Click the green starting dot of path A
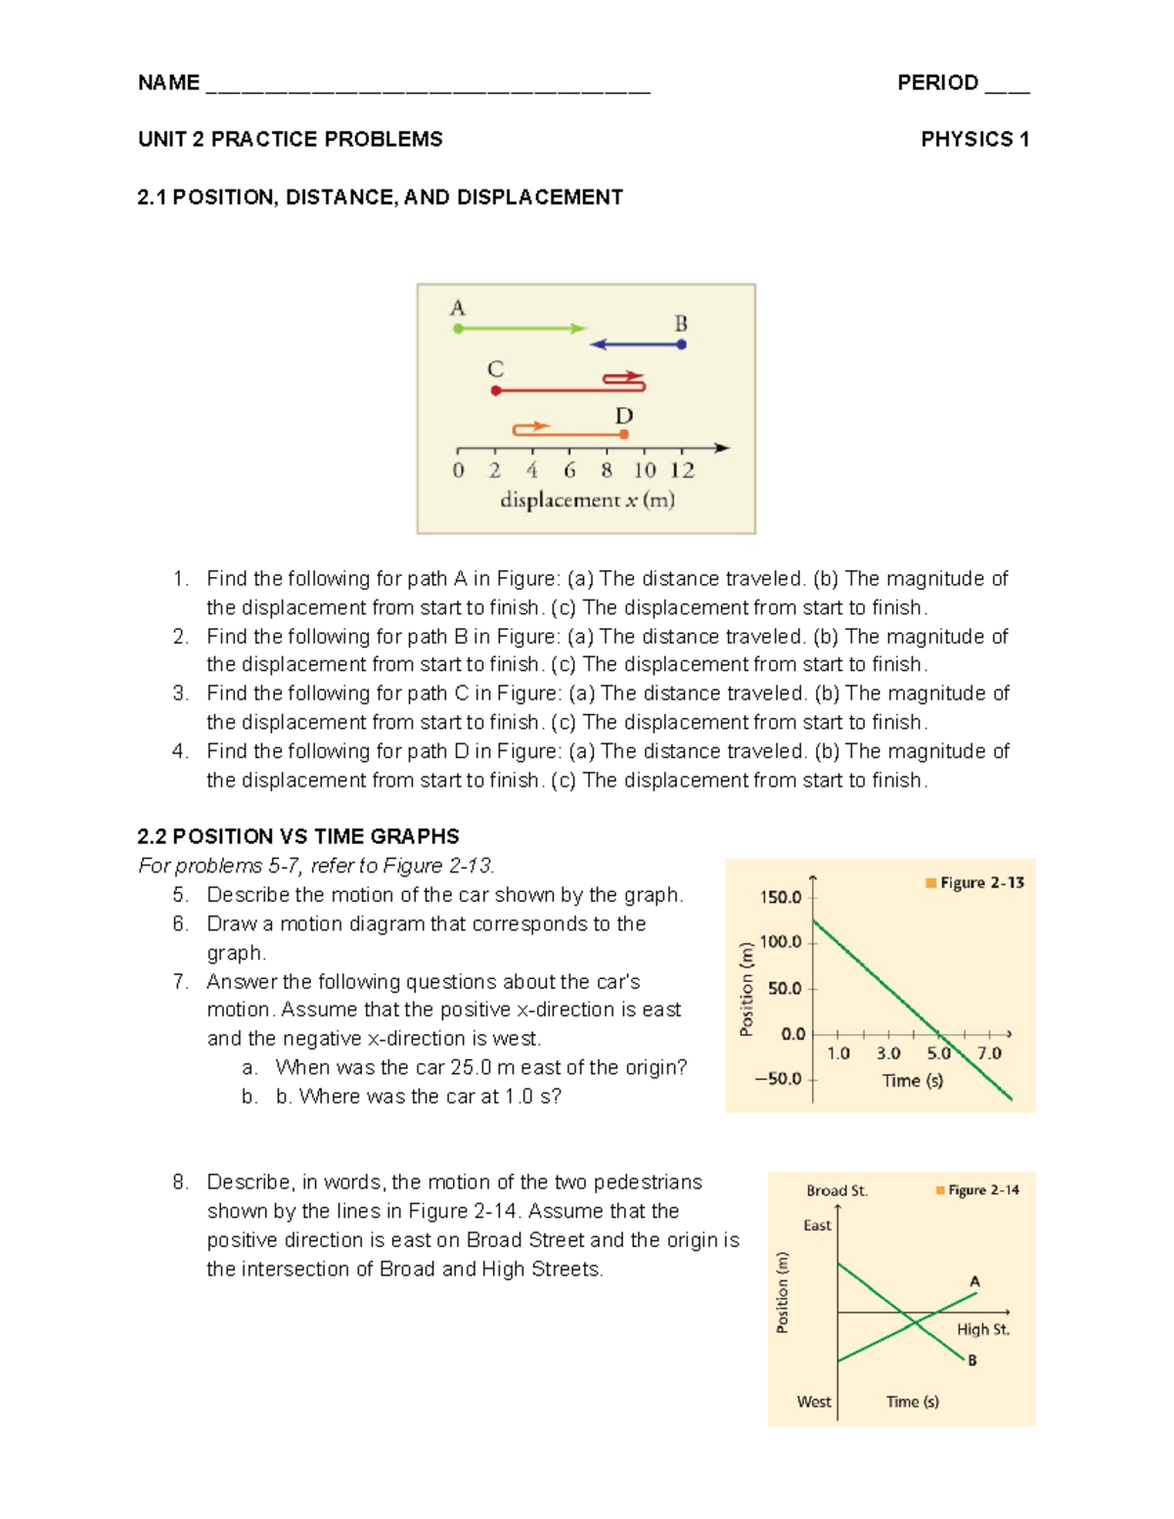click(458, 329)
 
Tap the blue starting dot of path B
click(682, 344)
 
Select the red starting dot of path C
click(496, 390)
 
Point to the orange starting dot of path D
click(624, 433)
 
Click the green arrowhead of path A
click(579, 329)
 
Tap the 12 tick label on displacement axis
click(682, 470)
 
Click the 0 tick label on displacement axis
click(458, 470)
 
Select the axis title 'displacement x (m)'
click(587, 500)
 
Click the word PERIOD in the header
click(937, 83)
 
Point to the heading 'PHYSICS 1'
click(974, 140)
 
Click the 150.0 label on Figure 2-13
click(780, 897)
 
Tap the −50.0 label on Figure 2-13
click(778, 1079)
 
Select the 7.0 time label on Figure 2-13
click(989, 1053)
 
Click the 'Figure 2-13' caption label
click(981, 882)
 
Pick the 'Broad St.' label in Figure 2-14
click(836, 1190)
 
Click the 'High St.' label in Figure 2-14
click(982, 1329)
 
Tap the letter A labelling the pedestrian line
click(974, 1281)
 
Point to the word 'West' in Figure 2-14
click(814, 1402)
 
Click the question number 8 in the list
click(180, 1183)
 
